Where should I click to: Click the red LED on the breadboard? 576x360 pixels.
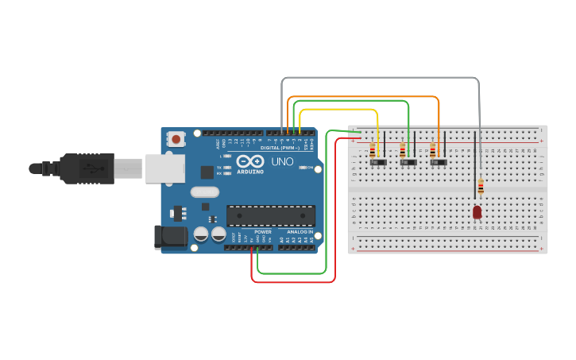[x=477, y=212]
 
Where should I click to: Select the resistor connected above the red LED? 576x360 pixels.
[x=480, y=188]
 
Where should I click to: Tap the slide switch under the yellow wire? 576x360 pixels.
[x=379, y=162]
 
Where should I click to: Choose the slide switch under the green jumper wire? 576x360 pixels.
[x=408, y=162]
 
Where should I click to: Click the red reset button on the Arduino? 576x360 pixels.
[x=176, y=140]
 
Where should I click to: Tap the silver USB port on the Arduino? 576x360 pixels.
[x=165, y=168]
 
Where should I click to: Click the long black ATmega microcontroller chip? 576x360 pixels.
[x=270, y=215]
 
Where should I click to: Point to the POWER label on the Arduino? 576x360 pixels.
[x=263, y=231]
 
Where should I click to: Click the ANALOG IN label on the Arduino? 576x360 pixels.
[x=300, y=231]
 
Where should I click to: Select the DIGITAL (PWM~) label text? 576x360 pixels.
[x=280, y=148]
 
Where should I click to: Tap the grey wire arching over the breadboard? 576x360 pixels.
[x=381, y=78]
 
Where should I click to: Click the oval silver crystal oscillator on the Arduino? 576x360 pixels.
[x=204, y=192]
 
